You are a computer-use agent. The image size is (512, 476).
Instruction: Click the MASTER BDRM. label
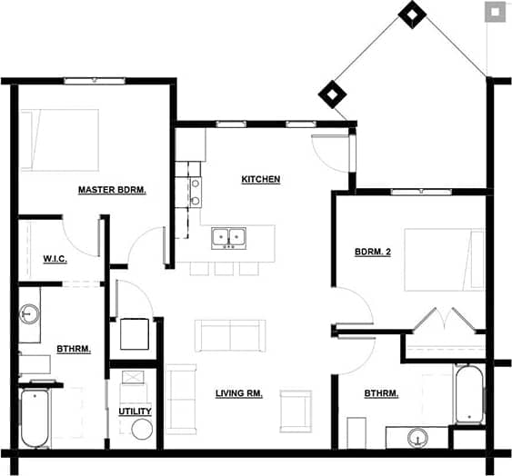(x=112, y=190)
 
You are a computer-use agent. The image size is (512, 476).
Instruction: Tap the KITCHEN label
(x=260, y=179)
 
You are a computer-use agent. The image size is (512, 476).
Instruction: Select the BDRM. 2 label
(x=372, y=252)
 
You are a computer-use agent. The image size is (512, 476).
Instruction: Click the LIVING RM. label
(x=240, y=393)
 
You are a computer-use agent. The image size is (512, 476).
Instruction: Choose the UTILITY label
(x=135, y=412)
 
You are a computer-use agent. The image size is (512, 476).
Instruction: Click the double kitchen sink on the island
(x=228, y=237)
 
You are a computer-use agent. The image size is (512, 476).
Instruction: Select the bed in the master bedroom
(x=59, y=140)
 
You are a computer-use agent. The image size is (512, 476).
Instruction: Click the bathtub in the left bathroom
(x=35, y=419)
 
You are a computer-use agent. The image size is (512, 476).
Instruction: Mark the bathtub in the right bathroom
(x=467, y=394)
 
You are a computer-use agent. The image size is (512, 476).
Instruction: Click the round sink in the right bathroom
(x=418, y=437)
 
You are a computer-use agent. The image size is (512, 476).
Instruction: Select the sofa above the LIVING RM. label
(x=230, y=335)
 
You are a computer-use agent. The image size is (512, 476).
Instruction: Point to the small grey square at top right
(x=494, y=12)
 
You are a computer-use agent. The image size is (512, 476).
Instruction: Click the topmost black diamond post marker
(x=413, y=14)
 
